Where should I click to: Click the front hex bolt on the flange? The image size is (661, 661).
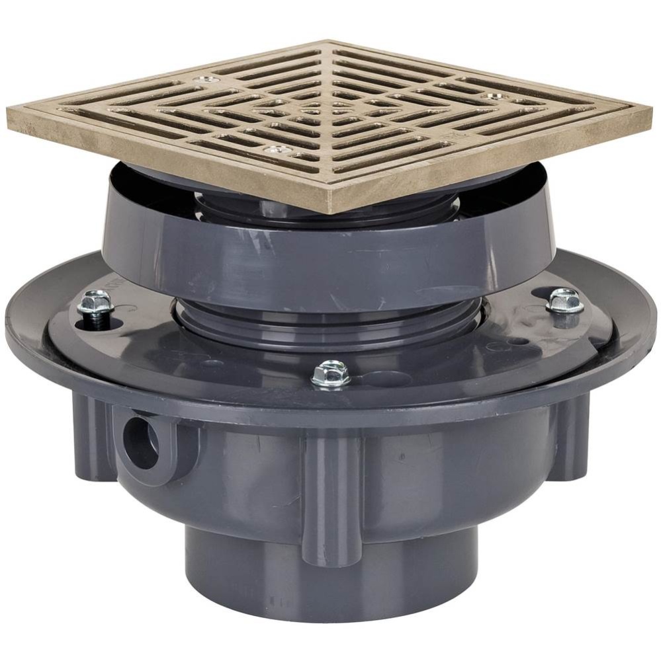point(331,373)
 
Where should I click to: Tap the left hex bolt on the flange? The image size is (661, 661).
point(95,303)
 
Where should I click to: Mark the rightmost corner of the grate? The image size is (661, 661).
point(651,106)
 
